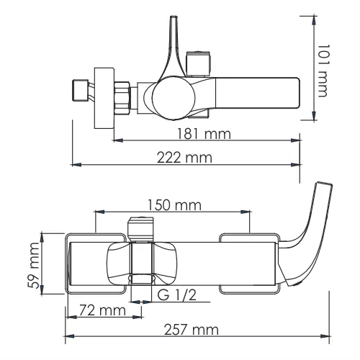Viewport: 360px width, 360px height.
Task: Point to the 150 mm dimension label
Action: point(170,204)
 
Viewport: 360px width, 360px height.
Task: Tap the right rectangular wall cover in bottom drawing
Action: point(248,264)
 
